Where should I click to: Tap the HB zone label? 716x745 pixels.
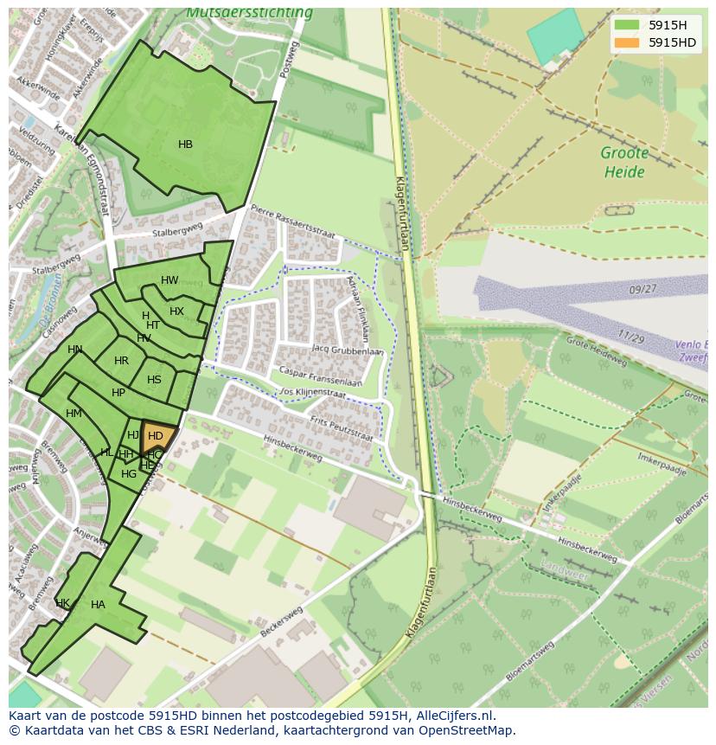185,145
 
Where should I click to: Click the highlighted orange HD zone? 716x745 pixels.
157,436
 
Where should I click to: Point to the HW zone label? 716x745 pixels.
169,280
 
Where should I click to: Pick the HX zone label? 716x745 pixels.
176,311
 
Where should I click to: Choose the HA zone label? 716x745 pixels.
98,605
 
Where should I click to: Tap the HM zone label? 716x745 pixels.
74,414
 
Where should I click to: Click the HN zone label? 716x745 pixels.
75,350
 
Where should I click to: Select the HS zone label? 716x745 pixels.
154,380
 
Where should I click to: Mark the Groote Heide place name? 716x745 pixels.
624,163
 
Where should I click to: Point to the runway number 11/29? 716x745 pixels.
630,337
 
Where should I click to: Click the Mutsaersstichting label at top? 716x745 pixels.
249,13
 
